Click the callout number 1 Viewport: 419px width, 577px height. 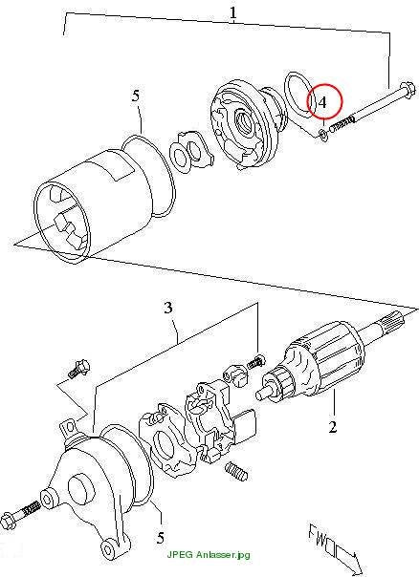tap(233, 12)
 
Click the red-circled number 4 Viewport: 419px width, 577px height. tap(322, 102)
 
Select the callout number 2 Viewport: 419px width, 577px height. tap(332, 427)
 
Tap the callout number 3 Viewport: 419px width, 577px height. tap(168, 308)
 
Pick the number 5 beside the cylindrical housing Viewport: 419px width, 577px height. tap(136, 96)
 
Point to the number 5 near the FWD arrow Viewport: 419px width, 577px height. tap(160, 539)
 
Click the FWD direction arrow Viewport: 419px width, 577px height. tap(334, 547)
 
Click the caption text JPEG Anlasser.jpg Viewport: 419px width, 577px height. tap(209, 554)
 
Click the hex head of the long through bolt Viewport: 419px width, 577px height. tap(408, 88)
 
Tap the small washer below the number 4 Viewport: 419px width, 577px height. tap(323, 135)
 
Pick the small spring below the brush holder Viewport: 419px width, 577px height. tap(236, 471)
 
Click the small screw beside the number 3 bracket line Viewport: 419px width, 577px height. tap(255, 361)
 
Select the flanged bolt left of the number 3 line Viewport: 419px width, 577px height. tap(78, 369)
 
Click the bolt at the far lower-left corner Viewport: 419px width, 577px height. tap(20, 516)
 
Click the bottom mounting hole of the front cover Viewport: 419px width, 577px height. tap(108, 549)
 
